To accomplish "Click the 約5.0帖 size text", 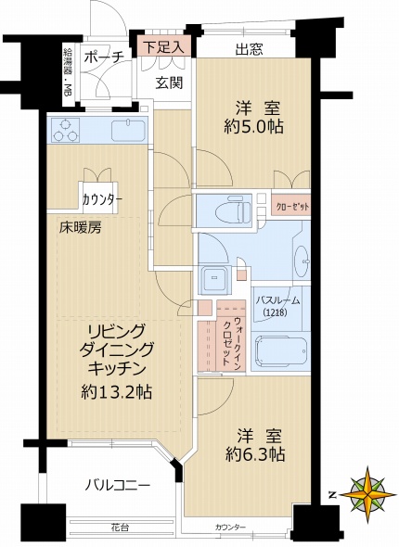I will pyautogui.click(x=251, y=126).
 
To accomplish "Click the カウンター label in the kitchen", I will pyautogui.click(x=101, y=198).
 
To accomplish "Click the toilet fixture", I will pyautogui.click(x=229, y=210).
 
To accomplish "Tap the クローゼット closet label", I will pyautogui.click(x=293, y=206).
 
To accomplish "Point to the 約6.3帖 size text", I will pyautogui.click(x=252, y=453).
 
